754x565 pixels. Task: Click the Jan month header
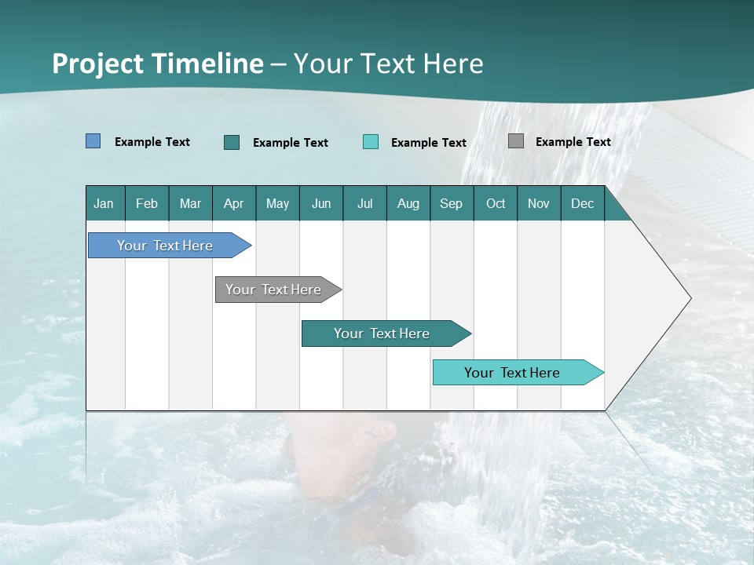coord(104,203)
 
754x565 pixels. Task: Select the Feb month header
coord(147,203)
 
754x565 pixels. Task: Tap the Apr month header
coord(234,203)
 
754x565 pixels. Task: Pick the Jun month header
coord(321,203)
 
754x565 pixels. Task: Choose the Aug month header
coord(408,203)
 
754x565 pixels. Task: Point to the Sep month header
coord(452,203)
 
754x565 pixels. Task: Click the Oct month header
coord(496,203)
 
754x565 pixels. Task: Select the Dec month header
coord(583,203)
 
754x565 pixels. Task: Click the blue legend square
coord(93,141)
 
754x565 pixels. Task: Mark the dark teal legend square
coord(232,142)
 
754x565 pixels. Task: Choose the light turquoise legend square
coord(371,142)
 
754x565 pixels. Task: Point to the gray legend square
coord(516,141)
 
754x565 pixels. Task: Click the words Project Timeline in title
coord(158,64)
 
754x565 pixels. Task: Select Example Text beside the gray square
coord(573,142)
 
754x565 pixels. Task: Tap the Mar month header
coord(191,203)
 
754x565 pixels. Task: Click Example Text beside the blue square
coord(152,142)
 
